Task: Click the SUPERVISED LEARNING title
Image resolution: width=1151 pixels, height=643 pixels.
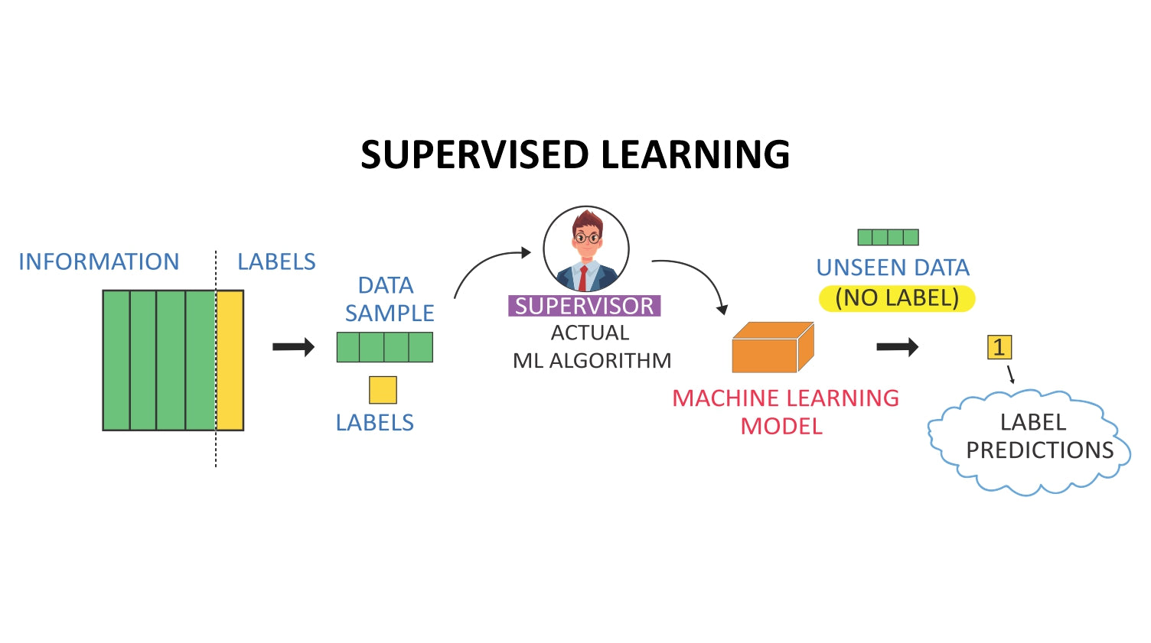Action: (x=575, y=154)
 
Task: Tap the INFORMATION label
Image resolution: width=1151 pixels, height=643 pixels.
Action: (x=99, y=261)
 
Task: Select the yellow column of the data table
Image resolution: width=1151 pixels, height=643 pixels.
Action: (x=230, y=360)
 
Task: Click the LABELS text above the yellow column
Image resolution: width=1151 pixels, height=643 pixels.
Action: (x=276, y=261)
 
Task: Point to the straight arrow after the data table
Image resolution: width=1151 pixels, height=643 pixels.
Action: (x=294, y=347)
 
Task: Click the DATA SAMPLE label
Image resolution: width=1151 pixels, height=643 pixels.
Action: (x=388, y=299)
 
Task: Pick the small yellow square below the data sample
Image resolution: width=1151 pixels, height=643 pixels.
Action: (x=383, y=390)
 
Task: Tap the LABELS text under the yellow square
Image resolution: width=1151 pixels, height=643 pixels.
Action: (x=375, y=422)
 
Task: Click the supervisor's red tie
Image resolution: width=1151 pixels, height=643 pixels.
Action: (x=583, y=277)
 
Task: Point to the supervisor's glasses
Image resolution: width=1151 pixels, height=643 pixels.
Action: (x=587, y=238)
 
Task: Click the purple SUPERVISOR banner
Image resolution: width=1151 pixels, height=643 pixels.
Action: (x=584, y=306)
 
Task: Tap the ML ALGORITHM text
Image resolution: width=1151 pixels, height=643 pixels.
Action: (x=592, y=360)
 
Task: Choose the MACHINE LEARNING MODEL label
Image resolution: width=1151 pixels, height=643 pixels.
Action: (x=784, y=411)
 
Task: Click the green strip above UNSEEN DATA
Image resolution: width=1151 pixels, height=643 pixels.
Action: (x=888, y=237)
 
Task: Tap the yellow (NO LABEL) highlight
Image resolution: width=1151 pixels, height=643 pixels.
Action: (x=897, y=297)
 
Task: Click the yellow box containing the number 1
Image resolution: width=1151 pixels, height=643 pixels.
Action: (x=999, y=347)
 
